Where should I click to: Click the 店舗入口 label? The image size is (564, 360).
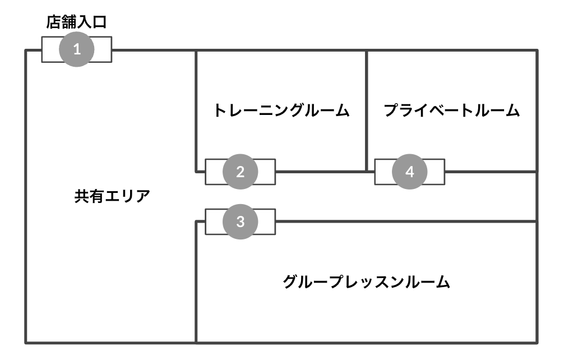pos(76,22)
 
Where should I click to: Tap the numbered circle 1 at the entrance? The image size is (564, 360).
pos(77,49)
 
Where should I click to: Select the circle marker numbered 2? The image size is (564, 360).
pos(240,172)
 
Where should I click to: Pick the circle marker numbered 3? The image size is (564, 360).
pos(240,221)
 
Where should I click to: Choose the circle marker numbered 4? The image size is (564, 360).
pos(409,172)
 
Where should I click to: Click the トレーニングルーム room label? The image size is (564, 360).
pos(281,110)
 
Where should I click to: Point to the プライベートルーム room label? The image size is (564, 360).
pos(452,110)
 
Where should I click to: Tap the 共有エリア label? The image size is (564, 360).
pos(112,197)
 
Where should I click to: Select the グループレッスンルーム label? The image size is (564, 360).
pos(367,281)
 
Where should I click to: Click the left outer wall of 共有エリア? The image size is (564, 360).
pos(26,196)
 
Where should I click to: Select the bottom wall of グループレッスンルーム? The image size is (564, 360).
pos(367,342)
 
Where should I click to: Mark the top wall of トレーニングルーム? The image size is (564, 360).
pos(280,50)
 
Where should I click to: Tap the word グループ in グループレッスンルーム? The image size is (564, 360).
pos(311,281)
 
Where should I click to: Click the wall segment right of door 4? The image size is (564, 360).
pos(491,172)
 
